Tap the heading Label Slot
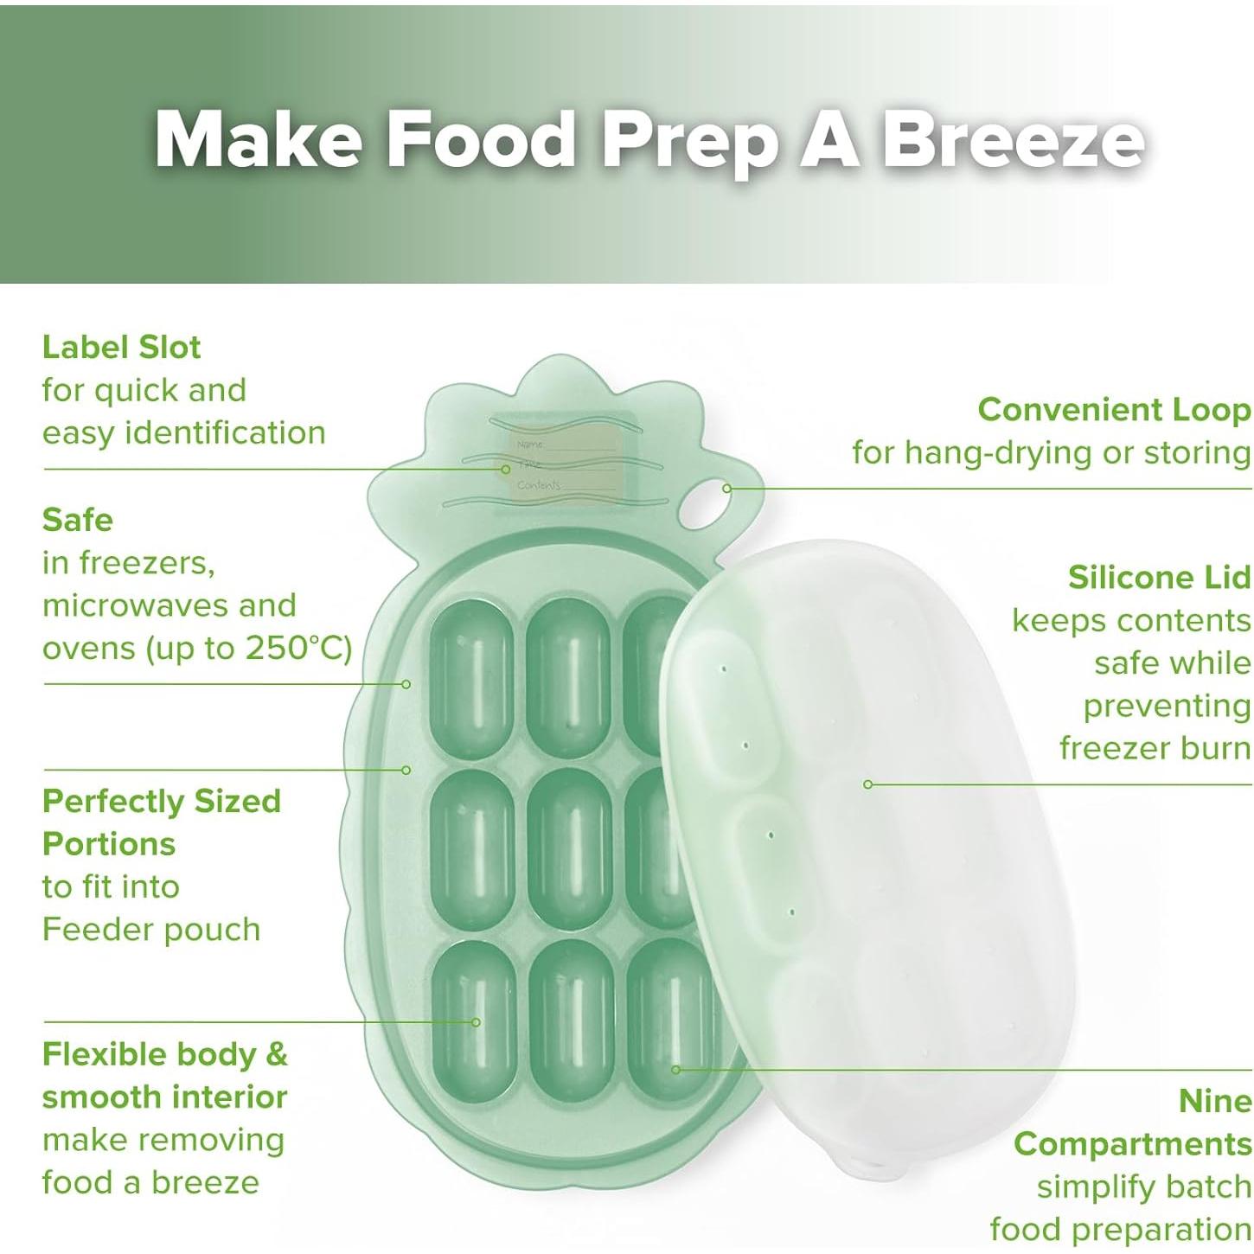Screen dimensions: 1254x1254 click(122, 347)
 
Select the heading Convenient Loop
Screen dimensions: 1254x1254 click(1114, 410)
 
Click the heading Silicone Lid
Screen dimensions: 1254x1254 click(1160, 577)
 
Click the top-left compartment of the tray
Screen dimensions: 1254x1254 click(473, 680)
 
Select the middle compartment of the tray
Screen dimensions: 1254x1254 click(570, 850)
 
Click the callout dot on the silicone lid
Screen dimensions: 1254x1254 click(867, 784)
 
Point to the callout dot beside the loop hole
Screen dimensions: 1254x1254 click(727, 488)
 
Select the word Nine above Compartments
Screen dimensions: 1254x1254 click(1214, 1102)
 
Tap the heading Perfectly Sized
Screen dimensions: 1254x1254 click(162, 801)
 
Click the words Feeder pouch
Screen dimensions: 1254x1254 click(151, 930)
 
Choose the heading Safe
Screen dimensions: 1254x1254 click(78, 520)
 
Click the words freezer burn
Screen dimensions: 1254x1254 click(1155, 748)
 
